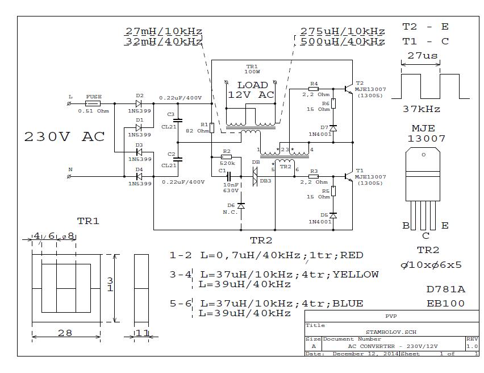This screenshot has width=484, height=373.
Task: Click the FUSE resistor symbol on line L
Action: point(93,103)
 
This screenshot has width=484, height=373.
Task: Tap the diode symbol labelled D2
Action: point(139,103)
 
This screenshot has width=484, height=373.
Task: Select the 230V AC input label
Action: point(64,137)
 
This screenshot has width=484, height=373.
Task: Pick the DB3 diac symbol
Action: point(256,177)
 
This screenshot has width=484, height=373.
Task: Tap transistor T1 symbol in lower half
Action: point(348,176)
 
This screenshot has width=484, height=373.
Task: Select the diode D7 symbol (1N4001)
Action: point(333,128)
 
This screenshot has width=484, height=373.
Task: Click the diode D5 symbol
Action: point(333,216)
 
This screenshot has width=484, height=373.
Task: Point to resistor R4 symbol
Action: point(313,89)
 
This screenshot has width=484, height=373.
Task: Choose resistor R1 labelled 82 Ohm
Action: point(212,128)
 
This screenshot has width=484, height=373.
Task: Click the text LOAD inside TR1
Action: point(252,85)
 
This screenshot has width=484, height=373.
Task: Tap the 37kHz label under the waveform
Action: point(421,109)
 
